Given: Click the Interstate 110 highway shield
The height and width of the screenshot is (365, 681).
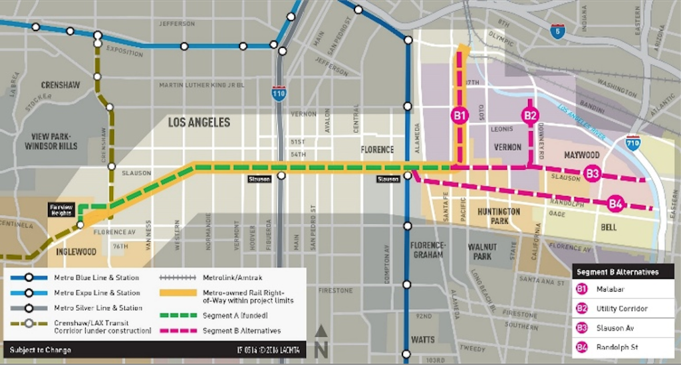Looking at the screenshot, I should tap(279, 94).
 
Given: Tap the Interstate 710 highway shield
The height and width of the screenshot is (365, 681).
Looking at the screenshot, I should tap(632, 143).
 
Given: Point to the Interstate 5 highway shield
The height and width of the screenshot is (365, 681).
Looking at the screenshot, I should tap(558, 31).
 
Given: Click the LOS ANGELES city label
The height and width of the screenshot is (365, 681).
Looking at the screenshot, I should tap(199, 123).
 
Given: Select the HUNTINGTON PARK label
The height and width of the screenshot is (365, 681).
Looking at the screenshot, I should tap(498, 216).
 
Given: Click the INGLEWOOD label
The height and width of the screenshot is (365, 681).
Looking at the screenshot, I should tap(76, 252).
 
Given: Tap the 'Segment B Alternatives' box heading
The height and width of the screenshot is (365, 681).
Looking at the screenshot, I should tap(616, 272).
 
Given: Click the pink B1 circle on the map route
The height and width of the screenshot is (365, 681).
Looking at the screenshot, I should tap(460, 115).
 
